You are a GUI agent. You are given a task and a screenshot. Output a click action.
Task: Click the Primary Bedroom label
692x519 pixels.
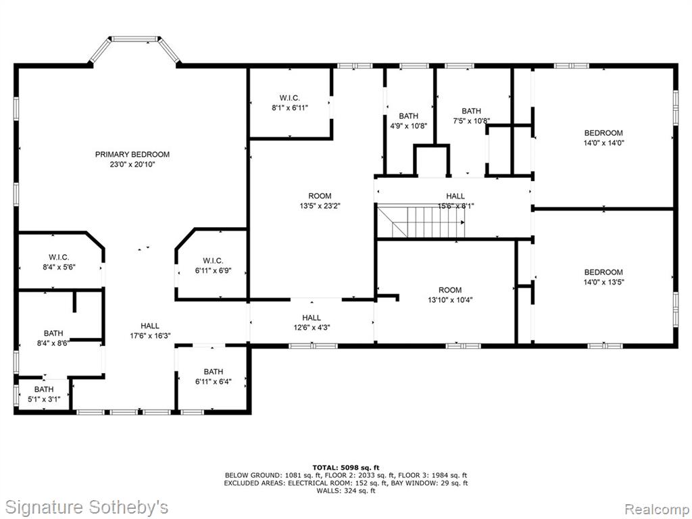tap(132, 155)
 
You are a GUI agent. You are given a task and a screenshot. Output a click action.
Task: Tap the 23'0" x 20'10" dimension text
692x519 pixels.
tap(132, 165)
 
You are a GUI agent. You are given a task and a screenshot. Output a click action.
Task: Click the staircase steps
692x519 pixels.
tap(421, 221)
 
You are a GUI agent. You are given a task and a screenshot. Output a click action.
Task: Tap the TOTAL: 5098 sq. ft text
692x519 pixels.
tap(346, 468)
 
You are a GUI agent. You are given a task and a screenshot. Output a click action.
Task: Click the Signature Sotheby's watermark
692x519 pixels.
tap(86, 507)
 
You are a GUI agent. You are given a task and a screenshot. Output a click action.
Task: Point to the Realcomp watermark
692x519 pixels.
tap(656, 509)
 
